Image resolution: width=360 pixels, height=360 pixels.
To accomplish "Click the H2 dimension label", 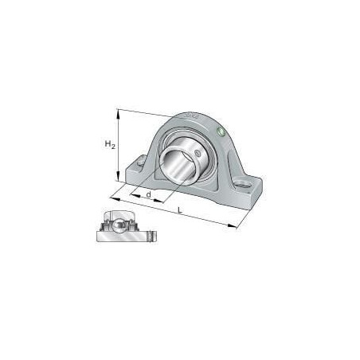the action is pyautogui.click(x=110, y=145).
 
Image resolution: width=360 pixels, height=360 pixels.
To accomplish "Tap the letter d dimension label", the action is pyautogui.click(x=149, y=194).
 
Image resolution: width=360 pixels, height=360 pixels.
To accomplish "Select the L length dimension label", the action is pyautogui.click(x=180, y=210).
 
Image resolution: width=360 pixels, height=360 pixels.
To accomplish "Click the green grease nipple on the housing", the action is pyautogui.click(x=221, y=131).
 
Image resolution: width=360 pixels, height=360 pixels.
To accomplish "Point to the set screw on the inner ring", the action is pyautogui.click(x=197, y=153).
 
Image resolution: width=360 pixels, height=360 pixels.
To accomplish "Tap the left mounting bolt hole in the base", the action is pyautogui.click(x=141, y=162).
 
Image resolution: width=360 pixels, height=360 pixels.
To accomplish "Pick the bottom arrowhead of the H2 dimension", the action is pyautogui.click(x=118, y=177).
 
